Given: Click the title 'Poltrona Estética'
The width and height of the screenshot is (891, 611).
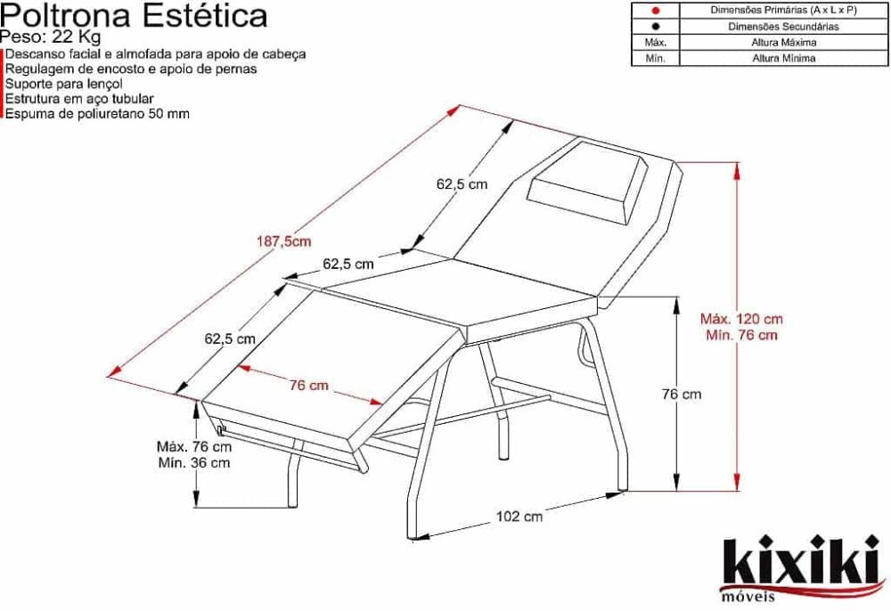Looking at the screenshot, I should point(134,15).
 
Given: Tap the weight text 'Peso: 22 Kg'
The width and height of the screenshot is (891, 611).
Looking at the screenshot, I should point(51,37).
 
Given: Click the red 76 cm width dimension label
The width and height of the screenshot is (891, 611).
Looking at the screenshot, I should point(308,385).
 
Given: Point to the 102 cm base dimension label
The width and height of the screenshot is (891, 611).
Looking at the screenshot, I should point(519,516).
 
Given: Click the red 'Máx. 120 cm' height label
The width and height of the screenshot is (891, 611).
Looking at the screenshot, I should point(741,318).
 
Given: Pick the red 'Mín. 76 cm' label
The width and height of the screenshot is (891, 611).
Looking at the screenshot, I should point(741,335).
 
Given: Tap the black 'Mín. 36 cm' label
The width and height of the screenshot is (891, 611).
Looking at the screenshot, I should point(193,462).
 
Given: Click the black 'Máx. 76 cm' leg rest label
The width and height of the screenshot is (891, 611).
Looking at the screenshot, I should point(193,445).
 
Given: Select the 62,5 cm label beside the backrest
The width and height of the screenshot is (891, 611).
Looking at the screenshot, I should point(462,184).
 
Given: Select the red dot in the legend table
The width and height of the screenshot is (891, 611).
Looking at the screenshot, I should point(655,11).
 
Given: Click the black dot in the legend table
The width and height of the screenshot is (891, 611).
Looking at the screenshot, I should point(655,27).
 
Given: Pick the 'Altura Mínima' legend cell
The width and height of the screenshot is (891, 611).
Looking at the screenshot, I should point(783,59).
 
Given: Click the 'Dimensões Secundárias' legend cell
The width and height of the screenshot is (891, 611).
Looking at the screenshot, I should point(783,27).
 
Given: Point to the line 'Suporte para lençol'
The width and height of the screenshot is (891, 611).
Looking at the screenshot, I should point(63,83).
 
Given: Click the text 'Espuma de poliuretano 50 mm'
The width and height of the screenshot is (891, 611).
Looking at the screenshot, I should point(97,114).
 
